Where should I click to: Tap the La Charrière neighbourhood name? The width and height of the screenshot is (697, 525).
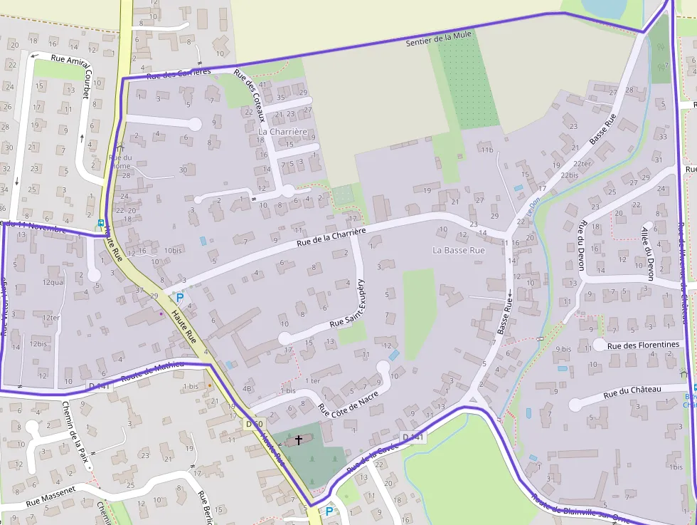(x=282, y=132)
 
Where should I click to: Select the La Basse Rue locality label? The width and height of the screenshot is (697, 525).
(x=459, y=251)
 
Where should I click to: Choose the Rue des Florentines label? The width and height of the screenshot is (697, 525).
(x=643, y=345)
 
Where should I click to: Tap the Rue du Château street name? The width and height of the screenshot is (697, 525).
(x=632, y=391)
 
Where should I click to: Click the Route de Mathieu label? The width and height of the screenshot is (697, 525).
(x=152, y=373)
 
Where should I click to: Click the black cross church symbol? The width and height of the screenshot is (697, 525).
(x=298, y=440)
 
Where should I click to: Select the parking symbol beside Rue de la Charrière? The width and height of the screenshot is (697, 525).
(x=179, y=298)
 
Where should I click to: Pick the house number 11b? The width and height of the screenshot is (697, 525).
(x=486, y=150)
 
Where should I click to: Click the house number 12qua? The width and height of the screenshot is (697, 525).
(x=53, y=282)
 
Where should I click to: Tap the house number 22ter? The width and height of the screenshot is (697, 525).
(x=582, y=164)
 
